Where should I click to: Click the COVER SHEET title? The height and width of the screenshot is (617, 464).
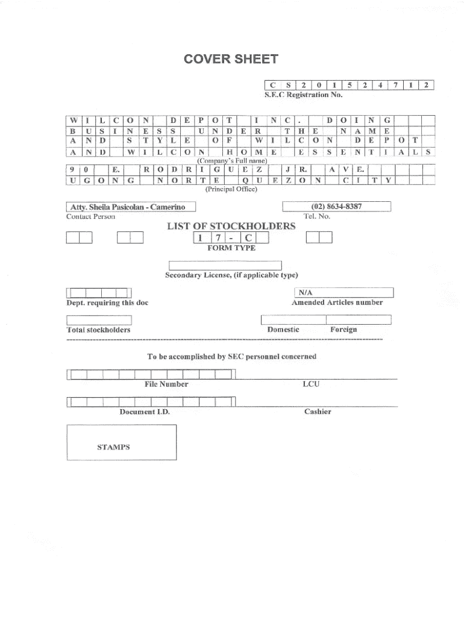click(x=231, y=59)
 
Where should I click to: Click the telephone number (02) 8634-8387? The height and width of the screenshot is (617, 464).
click(x=337, y=207)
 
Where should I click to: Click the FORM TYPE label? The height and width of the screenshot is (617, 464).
click(x=231, y=248)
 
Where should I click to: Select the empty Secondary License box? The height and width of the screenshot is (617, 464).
click(x=225, y=265)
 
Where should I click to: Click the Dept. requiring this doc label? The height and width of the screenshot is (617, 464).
click(x=107, y=302)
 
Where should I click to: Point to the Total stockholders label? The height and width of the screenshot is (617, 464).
click(x=98, y=330)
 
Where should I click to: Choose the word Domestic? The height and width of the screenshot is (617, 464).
click(x=283, y=330)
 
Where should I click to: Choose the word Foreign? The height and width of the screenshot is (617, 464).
click(x=343, y=330)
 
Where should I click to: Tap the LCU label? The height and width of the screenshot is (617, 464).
click(x=311, y=384)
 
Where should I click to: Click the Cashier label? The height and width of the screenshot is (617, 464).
click(x=318, y=412)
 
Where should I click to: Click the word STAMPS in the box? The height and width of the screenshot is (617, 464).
click(x=113, y=448)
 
